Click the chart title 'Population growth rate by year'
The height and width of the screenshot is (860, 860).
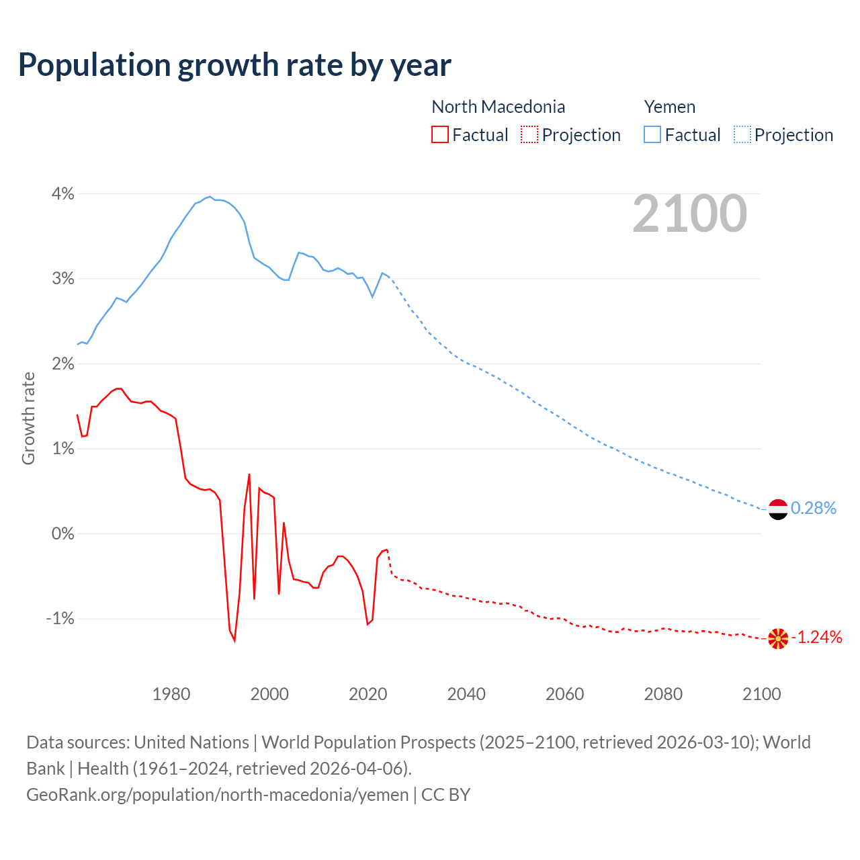(234, 65)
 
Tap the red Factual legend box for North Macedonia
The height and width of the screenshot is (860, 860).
(439, 134)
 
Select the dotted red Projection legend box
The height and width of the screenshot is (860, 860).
(529, 134)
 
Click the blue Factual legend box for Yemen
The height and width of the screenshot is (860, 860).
(652, 134)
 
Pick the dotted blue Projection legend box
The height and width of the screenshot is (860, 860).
(742, 134)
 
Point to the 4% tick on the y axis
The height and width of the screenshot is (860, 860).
(62, 193)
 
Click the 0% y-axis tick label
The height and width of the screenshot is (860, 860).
(62, 533)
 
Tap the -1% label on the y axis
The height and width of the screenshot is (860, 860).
(60, 618)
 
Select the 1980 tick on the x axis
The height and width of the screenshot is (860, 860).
(171, 694)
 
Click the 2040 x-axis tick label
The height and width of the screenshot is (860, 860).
(466, 694)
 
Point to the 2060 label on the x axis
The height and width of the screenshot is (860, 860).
(564, 694)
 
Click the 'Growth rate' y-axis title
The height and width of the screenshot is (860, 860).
(28, 418)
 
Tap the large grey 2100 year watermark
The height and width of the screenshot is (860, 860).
(689, 214)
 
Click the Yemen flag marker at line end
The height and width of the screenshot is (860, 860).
(777, 509)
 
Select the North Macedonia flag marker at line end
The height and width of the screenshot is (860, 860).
(777, 638)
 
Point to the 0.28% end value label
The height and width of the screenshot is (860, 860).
(813, 508)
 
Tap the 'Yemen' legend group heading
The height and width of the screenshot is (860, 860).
(669, 107)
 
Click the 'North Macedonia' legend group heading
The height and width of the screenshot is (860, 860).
(498, 107)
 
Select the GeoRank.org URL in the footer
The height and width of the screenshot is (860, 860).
(217, 794)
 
